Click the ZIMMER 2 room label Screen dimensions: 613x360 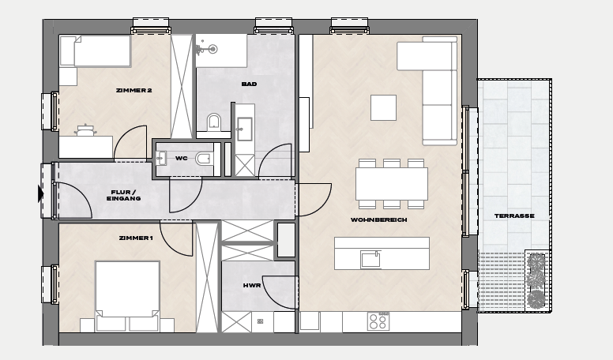tap(134, 90)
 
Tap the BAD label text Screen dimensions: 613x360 tap(249, 84)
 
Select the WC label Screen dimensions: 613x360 tap(181, 159)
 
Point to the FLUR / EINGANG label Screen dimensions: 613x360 tap(123, 196)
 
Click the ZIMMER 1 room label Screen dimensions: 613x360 tap(136, 238)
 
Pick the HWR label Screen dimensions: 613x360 tap(252, 286)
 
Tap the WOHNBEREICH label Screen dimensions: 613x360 tap(379, 220)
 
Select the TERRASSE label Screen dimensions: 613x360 tap(514, 216)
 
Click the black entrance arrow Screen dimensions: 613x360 tap(40, 194)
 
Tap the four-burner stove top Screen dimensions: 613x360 tap(378, 321)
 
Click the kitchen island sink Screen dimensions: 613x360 tap(370, 260)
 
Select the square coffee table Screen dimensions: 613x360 tap(383, 107)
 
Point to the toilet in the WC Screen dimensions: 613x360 tap(204, 159)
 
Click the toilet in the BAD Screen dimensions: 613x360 tap(214, 122)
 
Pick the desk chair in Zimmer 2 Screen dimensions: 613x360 tap(85, 130)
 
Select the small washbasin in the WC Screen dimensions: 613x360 tap(161, 159)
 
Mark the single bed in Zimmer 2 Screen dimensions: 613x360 tap(102, 51)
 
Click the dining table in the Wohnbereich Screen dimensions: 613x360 tap(392, 183)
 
